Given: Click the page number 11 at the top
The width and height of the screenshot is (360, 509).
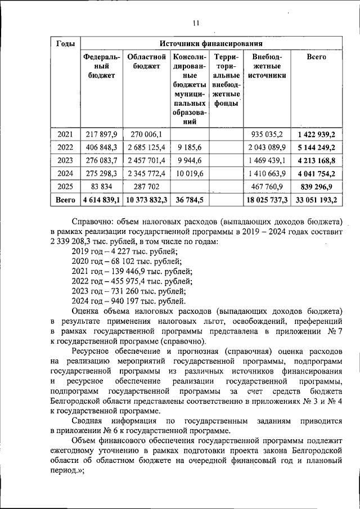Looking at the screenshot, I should [x=195, y=23].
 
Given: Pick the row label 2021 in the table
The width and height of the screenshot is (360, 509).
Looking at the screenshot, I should [x=66, y=134].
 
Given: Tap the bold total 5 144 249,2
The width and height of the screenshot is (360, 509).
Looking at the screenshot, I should [x=316, y=147].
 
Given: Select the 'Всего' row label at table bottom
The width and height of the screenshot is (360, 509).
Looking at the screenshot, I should [x=65, y=200].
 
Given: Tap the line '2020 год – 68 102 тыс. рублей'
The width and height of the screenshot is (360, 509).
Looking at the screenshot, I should [x=127, y=262].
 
